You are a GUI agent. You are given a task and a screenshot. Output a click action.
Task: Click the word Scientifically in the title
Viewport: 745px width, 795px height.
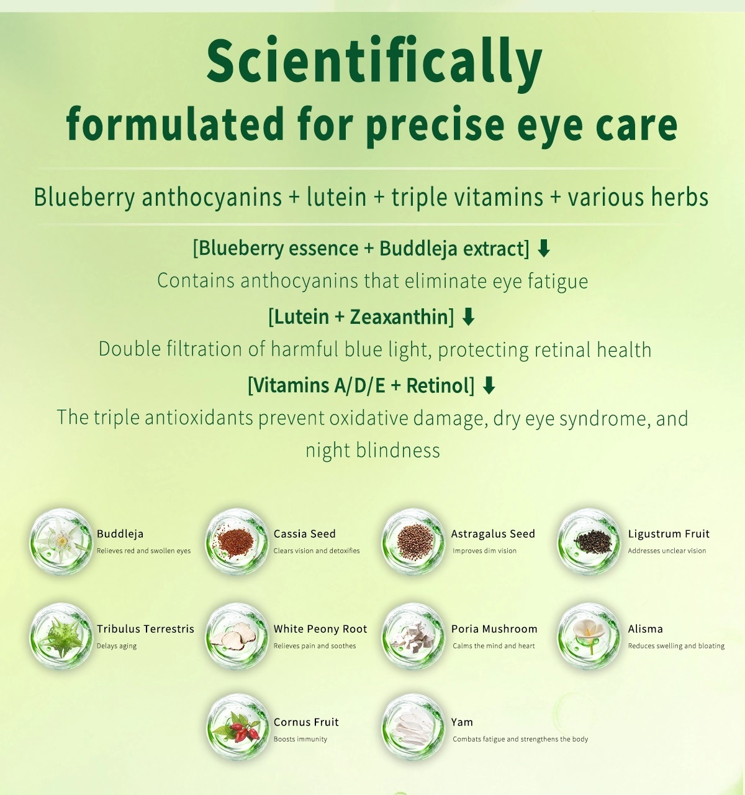pyautogui.click(x=374, y=62)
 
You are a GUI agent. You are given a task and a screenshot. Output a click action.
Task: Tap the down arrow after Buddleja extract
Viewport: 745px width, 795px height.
pyautogui.click(x=544, y=249)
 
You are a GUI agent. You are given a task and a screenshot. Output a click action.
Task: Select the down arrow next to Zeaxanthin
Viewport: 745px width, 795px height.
pyautogui.click(x=469, y=317)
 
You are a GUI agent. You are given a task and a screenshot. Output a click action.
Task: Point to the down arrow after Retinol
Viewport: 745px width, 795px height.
pyautogui.click(x=489, y=385)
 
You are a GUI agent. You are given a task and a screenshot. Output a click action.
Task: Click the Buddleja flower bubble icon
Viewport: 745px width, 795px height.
pyautogui.click(x=61, y=541)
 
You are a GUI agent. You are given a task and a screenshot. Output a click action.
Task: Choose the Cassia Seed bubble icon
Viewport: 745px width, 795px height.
pyautogui.click(x=237, y=541)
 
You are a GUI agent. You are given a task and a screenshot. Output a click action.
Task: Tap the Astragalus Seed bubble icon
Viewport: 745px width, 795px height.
pyautogui.click(x=413, y=541)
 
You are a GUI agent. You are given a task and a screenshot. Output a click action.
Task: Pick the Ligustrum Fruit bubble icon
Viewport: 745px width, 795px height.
pyautogui.click(x=589, y=541)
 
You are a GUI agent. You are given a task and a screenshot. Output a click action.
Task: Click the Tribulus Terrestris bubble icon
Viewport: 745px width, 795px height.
pyautogui.click(x=61, y=636)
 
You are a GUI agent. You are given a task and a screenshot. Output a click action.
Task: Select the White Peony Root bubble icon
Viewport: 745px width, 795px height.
pyautogui.click(x=237, y=636)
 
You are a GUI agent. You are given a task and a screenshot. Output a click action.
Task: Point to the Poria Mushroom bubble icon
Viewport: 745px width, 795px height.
pyautogui.click(x=413, y=636)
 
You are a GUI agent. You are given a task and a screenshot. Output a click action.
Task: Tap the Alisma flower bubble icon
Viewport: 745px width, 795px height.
pyautogui.click(x=589, y=636)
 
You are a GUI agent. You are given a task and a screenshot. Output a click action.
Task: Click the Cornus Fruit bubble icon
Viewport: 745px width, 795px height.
pyautogui.click(x=237, y=728)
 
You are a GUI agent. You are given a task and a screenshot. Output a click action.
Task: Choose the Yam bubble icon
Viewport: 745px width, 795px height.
pyautogui.click(x=413, y=728)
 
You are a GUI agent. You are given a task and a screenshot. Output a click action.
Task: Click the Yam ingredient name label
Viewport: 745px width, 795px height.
pyautogui.click(x=462, y=722)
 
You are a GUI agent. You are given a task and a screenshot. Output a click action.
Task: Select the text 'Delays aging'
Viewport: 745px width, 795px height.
pyautogui.click(x=117, y=646)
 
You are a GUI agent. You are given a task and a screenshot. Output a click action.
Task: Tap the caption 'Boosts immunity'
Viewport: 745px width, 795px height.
pyautogui.click(x=300, y=739)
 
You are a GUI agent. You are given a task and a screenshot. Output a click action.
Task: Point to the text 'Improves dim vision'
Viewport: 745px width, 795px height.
pyautogui.click(x=484, y=551)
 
